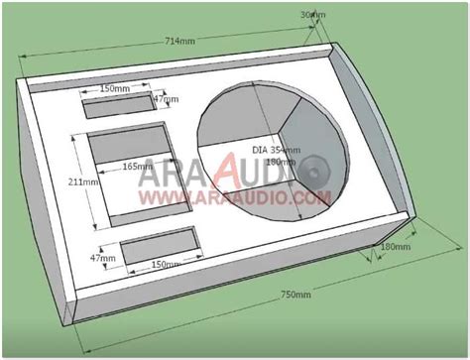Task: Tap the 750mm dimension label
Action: point(296,295)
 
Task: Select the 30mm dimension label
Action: point(311,15)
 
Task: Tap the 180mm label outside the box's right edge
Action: point(395,245)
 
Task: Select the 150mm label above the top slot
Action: point(115,88)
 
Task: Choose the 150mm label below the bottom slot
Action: point(165,265)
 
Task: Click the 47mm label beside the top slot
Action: point(166,99)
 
